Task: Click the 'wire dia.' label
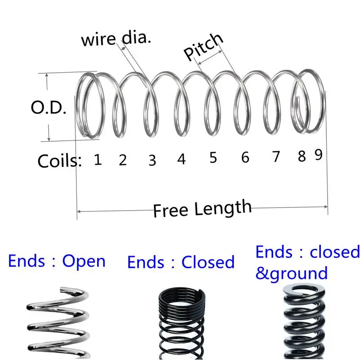116,39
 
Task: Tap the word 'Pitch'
203,47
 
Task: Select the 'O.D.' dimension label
49,108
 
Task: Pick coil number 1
97,159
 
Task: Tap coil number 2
123,160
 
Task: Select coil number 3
152,160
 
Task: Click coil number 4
181,159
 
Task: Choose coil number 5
213,158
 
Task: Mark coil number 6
245,157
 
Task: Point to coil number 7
276,157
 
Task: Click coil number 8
301,156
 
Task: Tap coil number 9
318,155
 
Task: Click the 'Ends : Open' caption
57,261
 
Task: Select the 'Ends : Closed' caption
181,262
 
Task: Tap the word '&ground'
291,273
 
